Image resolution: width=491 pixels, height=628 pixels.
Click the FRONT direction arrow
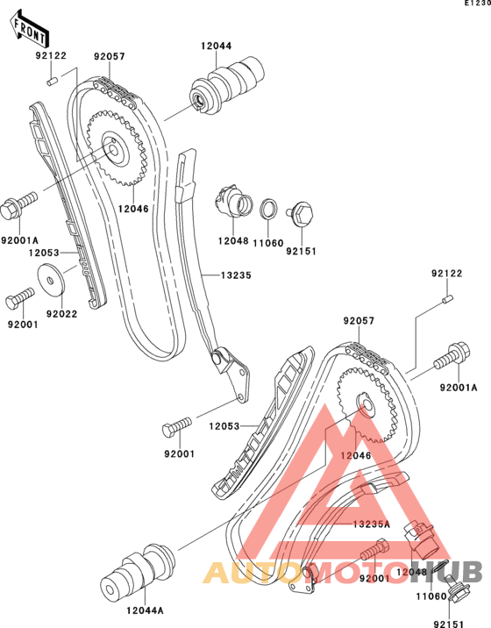pos(29,29)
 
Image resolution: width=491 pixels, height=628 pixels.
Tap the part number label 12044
pos(217,46)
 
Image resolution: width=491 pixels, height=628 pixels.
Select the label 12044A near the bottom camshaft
pos(145,610)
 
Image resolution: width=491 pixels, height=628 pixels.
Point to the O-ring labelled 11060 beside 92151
pos(268,209)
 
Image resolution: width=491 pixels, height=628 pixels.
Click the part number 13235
pos(236,275)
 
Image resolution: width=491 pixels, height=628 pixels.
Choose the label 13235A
pos(371,525)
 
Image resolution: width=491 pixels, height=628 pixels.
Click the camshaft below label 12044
pos(227,86)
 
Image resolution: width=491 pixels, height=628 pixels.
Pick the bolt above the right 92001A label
pos(452,356)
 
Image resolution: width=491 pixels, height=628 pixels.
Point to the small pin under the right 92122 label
pos(447,299)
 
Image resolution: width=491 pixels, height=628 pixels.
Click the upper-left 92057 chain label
pos(110,56)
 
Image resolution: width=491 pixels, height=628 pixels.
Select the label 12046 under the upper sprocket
pos(133,209)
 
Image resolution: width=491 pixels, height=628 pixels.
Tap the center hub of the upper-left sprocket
pos(114,149)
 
